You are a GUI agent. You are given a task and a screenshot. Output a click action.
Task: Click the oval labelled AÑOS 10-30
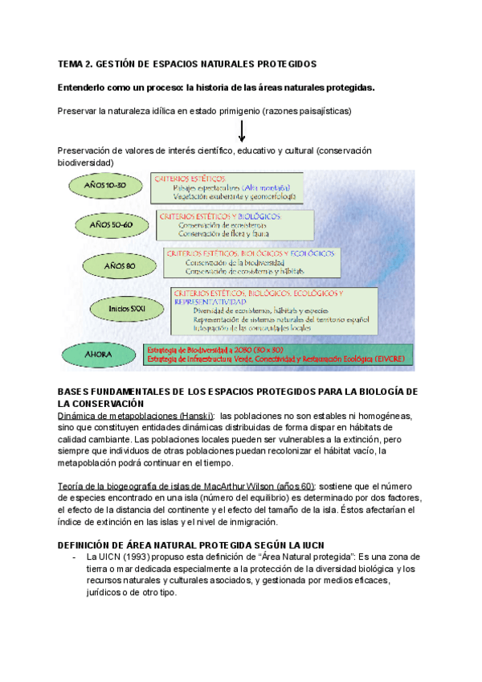[104, 186]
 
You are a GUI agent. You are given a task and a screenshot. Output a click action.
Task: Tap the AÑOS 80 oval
[120, 265]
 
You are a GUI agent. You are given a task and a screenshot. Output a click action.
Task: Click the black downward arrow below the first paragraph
[242, 129]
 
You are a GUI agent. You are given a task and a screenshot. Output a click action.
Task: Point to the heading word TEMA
[71, 64]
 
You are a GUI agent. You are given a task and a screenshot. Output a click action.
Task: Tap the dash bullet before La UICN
[74, 557]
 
